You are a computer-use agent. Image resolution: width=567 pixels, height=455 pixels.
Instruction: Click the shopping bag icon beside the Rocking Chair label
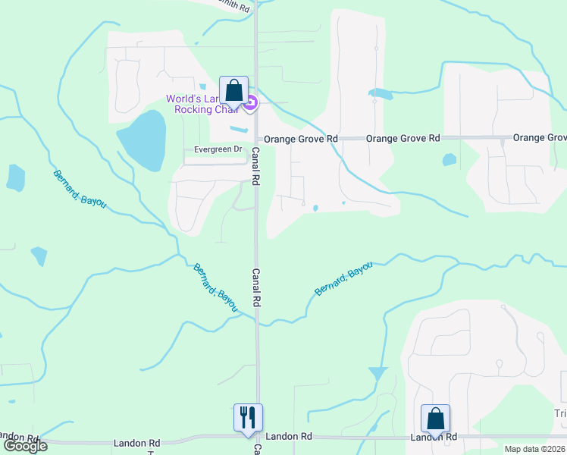click(x=233, y=90)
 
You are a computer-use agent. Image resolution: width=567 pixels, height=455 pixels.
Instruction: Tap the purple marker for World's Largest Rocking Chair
click(x=251, y=102)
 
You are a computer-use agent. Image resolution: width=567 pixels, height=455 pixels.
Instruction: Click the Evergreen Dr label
click(x=218, y=150)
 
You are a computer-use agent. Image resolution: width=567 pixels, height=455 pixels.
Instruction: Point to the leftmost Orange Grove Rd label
click(x=300, y=140)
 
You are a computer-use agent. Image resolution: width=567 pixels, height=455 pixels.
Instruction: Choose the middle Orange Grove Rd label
click(x=403, y=139)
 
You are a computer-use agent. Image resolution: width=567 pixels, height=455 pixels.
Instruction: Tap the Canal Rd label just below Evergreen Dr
click(x=256, y=168)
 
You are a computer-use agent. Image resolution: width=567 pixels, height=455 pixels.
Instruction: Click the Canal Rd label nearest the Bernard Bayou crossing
click(x=256, y=287)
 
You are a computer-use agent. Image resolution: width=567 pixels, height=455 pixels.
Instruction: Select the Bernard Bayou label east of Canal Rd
click(x=344, y=278)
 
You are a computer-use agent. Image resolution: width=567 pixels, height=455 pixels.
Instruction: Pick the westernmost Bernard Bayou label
click(x=80, y=189)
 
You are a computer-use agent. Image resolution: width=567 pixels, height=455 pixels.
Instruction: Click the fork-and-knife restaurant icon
click(x=248, y=417)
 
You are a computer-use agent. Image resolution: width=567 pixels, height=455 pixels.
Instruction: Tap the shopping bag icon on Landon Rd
click(x=436, y=419)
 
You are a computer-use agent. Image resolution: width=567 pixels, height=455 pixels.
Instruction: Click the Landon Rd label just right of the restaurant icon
click(x=289, y=437)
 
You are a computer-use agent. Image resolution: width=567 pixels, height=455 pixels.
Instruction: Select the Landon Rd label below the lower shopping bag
click(x=434, y=438)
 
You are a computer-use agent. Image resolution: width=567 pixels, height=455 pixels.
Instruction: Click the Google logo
click(x=24, y=446)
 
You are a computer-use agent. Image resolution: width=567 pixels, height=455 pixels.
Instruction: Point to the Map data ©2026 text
click(x=535, y=449)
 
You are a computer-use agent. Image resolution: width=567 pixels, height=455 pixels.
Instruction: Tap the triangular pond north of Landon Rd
click(x=377, y=374)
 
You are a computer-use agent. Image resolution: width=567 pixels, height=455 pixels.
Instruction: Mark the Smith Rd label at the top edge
click(x=233, y=5)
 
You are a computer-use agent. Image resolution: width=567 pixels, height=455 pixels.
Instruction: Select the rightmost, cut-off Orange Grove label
click(x=540, y=138)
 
